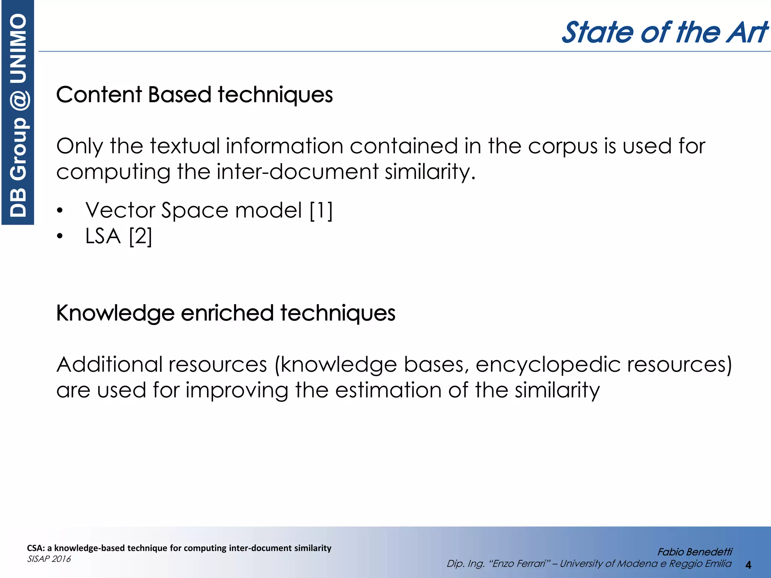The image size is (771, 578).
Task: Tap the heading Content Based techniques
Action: (x=194, y=95)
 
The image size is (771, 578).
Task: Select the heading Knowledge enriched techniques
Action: (x=226, y=313)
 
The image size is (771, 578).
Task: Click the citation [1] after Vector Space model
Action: (x=321, y=210)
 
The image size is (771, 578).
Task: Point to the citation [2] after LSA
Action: (x=140, y=237)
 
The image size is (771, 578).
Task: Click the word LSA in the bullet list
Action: (x=103, y=236)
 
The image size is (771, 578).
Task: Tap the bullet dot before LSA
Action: (x=60, y=237)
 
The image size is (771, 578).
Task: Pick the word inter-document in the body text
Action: (x=297, y=172)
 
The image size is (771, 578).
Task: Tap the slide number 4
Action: (x=748, y=565)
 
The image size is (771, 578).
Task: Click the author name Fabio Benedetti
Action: (x=694, y=552)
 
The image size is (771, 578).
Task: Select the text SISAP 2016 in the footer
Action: (x=49, y=559)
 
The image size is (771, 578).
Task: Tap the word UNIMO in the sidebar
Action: (x=18, y=48)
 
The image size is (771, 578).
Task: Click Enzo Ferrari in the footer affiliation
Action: (x=519, y=564)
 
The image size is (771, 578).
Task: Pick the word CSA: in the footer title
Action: (x=36, y=548)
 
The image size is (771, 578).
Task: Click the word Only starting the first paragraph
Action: (x=79, y=147)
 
